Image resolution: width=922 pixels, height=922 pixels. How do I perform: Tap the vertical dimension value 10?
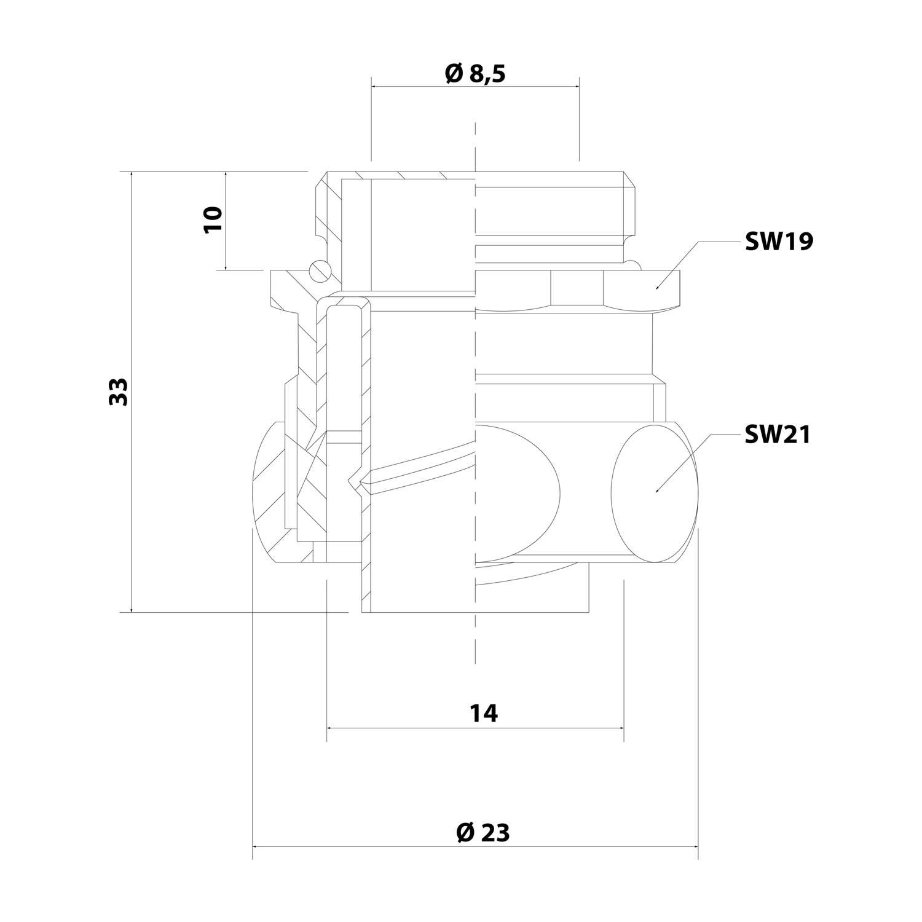(x=213, y=219)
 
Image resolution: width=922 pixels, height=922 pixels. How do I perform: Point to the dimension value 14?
(x=484, y=714)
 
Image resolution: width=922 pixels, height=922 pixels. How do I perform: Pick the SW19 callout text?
(x=778, y=242)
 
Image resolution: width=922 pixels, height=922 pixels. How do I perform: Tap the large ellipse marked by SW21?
(x=656, y=492)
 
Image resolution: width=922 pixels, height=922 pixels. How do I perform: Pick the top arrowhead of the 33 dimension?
(x=132, y=175)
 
